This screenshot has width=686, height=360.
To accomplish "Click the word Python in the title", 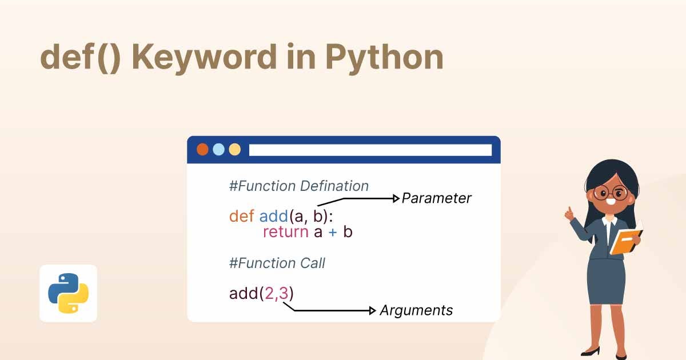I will point(384,58).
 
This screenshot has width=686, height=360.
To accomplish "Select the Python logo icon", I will point(67,293).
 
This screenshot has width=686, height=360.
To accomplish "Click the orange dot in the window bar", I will point(202,150).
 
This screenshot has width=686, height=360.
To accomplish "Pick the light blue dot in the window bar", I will point(218,150).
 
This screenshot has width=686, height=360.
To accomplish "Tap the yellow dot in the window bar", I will point(234,150).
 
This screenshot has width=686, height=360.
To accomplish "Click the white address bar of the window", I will point(370,150).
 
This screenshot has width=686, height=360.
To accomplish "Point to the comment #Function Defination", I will point(298,186).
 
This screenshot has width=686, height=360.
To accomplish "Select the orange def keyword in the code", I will point(241,216).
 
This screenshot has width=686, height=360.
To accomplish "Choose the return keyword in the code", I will point(286,232).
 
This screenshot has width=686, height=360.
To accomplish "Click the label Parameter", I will point(437,198).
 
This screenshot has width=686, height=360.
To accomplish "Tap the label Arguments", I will point(416,310).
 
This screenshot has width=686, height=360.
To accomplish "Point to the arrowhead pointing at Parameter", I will point(396,198).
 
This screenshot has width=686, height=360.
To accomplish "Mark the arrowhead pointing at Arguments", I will point(374,310).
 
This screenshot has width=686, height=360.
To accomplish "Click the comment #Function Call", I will point(277,263).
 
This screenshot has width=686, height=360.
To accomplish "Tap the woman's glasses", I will point(610,192).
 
